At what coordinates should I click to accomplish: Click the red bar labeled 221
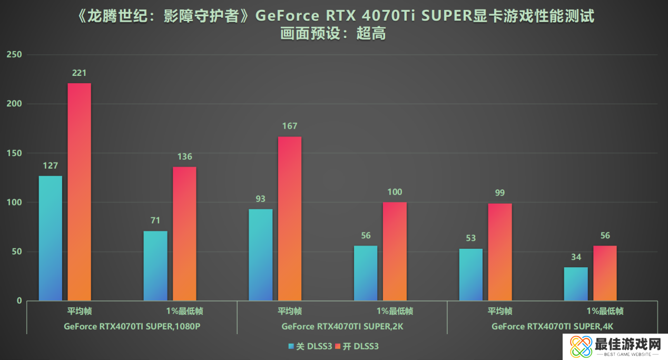79,192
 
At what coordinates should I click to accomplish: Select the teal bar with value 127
50,238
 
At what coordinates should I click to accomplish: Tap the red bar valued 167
290,219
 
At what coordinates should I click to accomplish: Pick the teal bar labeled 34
576,284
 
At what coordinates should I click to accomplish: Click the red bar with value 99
500,252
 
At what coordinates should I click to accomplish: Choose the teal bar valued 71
155,266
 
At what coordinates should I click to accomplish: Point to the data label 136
184,157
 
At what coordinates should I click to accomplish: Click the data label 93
260,199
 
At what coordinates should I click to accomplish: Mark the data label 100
395,192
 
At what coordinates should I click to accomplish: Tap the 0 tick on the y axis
19,300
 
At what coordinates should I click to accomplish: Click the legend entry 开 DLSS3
361,346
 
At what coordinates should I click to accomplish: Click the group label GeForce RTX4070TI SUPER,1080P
132,326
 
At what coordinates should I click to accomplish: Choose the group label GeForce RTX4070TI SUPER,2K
342,326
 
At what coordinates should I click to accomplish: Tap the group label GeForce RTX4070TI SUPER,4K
552,326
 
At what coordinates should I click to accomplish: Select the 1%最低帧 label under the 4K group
605,311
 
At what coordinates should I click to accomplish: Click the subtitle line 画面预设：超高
333,34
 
